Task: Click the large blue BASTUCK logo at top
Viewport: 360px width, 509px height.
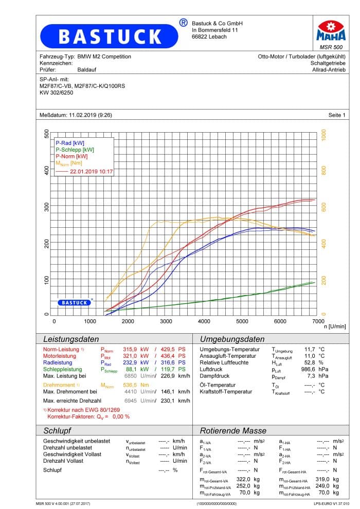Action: pos(109,36)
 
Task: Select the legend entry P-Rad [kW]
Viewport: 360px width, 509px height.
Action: pos(70,143)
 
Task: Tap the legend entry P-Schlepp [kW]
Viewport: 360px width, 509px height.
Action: pos(75,150)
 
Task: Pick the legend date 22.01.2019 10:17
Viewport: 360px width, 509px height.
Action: pos(91,171)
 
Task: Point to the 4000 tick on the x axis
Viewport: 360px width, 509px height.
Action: pos(204,321)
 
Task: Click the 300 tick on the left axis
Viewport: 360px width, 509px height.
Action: pos(47,207)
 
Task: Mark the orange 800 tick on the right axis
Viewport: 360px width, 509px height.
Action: pos(323,170)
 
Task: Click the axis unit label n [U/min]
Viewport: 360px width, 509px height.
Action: pos(335,326)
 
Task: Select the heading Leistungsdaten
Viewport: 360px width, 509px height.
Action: pos(71,339)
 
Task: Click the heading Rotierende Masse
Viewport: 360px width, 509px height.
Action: pos(233,431)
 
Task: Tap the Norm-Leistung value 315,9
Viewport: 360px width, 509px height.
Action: pos(130,349)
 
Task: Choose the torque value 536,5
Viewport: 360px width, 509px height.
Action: pos(130,385)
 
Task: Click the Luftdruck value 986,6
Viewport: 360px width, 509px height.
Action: pos(308,370)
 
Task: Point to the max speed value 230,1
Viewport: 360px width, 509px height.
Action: pos(168,401)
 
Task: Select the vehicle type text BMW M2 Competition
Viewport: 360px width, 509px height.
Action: pos(104,57)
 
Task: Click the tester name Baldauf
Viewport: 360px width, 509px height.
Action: pos(87,70)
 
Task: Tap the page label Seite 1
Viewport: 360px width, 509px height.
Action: pos(337,115)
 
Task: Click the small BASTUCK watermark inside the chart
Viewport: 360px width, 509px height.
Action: pos(75,302)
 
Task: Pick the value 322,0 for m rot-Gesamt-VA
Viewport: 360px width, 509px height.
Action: pos(243,480)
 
